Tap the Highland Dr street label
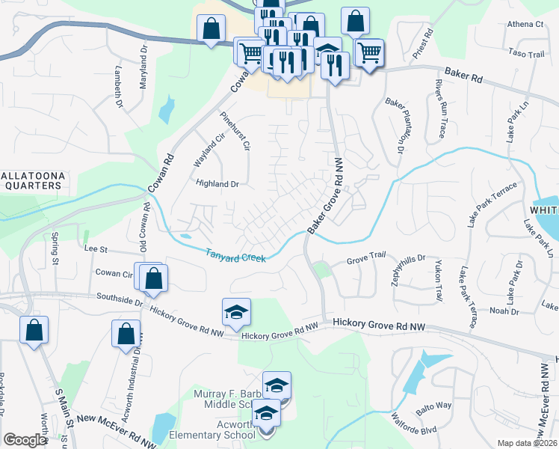217,183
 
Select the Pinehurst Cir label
235,131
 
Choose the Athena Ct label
525,24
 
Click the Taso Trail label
526,54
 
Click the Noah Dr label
504,311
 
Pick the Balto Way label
434,406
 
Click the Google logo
24,440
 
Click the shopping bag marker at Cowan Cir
153,278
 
